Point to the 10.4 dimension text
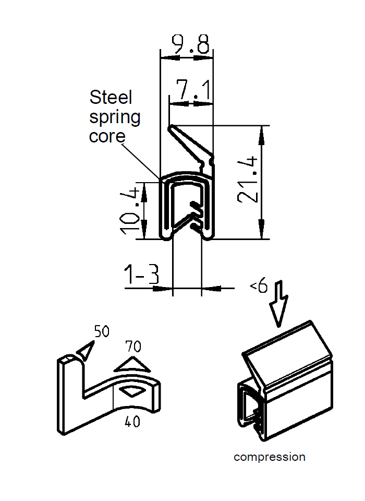pos(131,210)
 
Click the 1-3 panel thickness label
pos(141,275)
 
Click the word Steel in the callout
pos(111,97)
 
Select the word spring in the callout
pos(115,117)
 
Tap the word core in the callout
pos(107,136)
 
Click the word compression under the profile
pos(269,457)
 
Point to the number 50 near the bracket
pos(102,331)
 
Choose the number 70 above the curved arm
pos(133,346)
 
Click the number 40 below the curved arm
pos(132,422)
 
